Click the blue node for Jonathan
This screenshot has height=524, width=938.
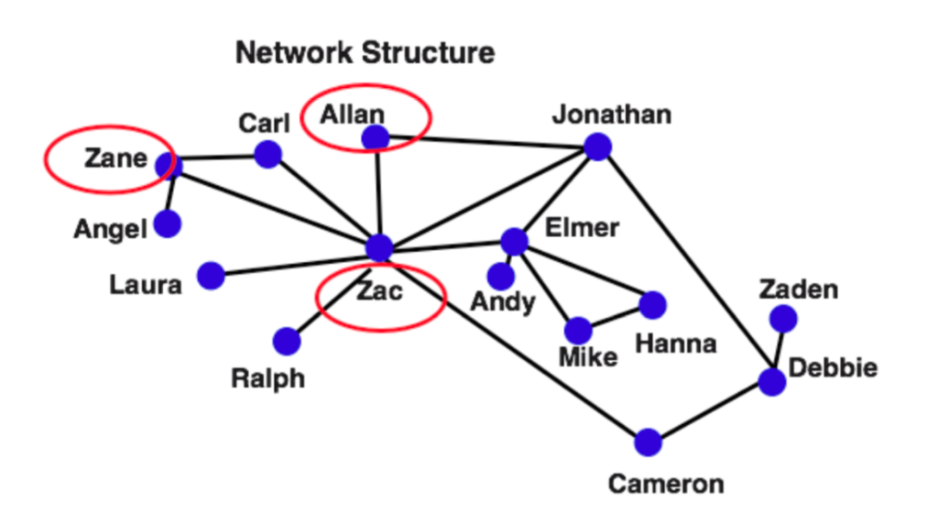[x=597, y=147]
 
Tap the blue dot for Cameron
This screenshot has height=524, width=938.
[x=648, y=442]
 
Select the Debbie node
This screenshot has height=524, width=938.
[x=772, y=382]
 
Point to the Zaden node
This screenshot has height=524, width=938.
[x=783, y=319]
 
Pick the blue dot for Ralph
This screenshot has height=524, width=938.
[x=287, y=341]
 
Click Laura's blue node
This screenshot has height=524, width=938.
[x=211, y=275]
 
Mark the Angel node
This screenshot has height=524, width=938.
[x=167, y=224]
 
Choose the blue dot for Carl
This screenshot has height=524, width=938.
[x=267, y=154]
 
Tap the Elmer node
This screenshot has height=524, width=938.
[x=515, y=241]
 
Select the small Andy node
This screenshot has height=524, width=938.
[x=500, y=275]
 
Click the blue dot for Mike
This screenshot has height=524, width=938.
[x=578, y=331]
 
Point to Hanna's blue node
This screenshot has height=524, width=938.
[x=652, y=305]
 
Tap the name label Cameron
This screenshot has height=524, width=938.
[x=666, y=484]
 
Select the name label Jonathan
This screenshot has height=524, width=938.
[x=612, y=115]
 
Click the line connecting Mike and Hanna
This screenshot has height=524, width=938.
[x=616, y=318]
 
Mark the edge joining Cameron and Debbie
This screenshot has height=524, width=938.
[x=710, y=412]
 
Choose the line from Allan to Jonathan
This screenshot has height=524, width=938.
[x=485, y=142]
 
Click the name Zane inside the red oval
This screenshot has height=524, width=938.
[x=115, y=158]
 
